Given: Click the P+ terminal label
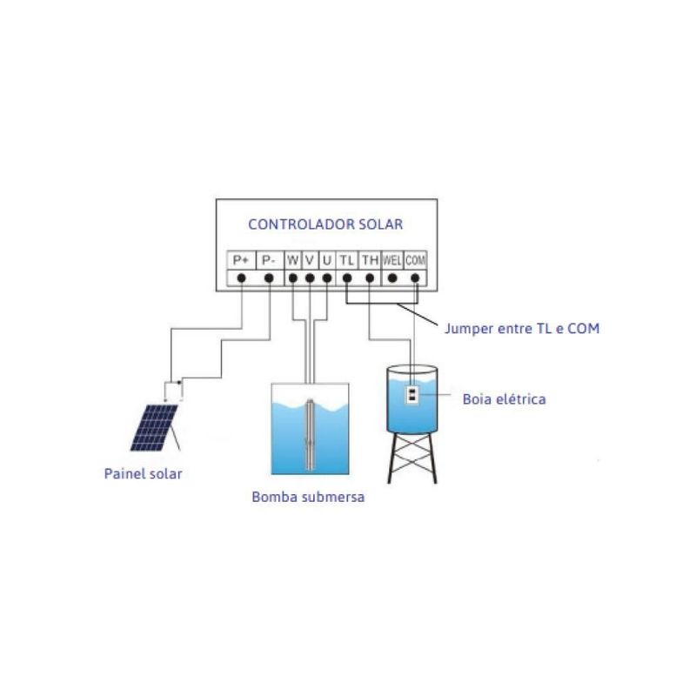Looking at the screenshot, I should pos(240,260).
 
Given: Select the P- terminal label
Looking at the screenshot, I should pos(269,260).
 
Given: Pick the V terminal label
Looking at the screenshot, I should pos(310,260).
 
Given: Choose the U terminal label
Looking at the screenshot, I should pos(326,260).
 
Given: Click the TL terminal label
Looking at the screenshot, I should pos(347,260).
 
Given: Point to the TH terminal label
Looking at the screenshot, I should pos(370,260).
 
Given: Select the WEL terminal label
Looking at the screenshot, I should pos(392,260).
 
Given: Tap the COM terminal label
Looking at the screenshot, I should pos(415,260).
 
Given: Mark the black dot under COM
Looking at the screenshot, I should pos(415,278).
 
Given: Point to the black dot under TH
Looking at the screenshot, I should pos(370,278).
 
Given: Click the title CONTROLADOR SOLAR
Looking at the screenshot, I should pos(325,224).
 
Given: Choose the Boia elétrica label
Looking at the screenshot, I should pos(505,400).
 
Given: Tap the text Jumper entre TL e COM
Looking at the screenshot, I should pos(522,329).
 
